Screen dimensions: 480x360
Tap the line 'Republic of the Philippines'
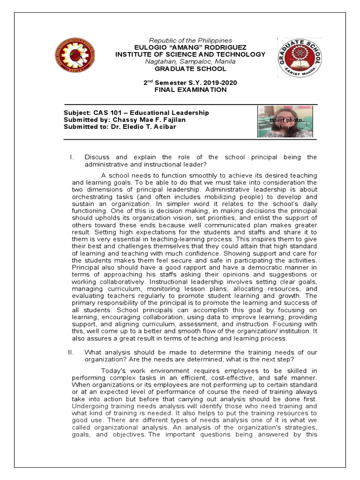(x=190, y=41)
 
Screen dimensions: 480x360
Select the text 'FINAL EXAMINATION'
(x=190, y=90)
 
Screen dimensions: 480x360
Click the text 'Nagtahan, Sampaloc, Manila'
(x=190, y=61)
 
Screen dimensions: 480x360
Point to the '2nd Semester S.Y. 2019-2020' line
(x=190, y=83)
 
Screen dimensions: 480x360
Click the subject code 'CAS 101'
(x=105, y=113)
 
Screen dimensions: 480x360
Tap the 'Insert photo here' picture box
(x=285, y=121)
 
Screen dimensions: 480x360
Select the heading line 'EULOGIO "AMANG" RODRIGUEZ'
(x=190, y=48)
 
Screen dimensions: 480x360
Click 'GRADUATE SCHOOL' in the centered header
(x=190, y=68)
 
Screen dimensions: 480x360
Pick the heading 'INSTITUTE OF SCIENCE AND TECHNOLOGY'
(x=190, y=55)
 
